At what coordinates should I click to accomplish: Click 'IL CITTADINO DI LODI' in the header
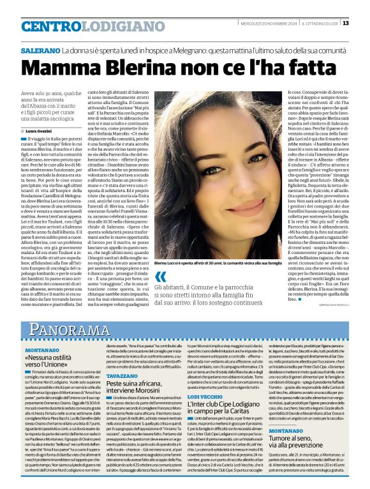[318, 24]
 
